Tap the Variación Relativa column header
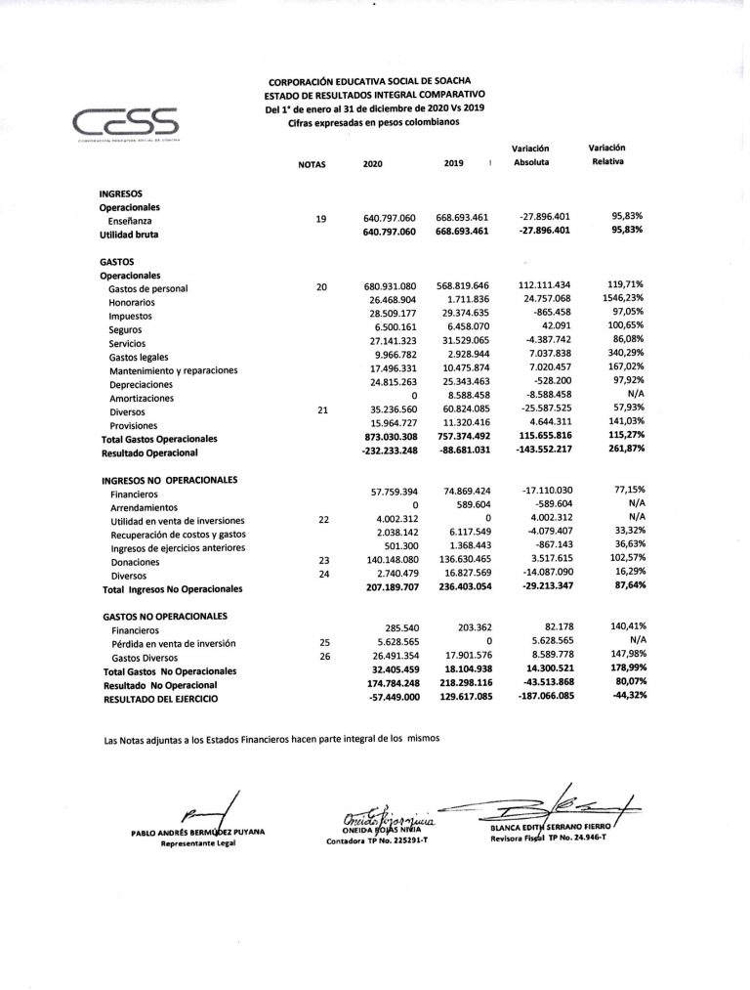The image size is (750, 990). point(607,153)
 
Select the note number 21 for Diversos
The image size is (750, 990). point(321,411)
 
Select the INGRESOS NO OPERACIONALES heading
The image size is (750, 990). point(170,481)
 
